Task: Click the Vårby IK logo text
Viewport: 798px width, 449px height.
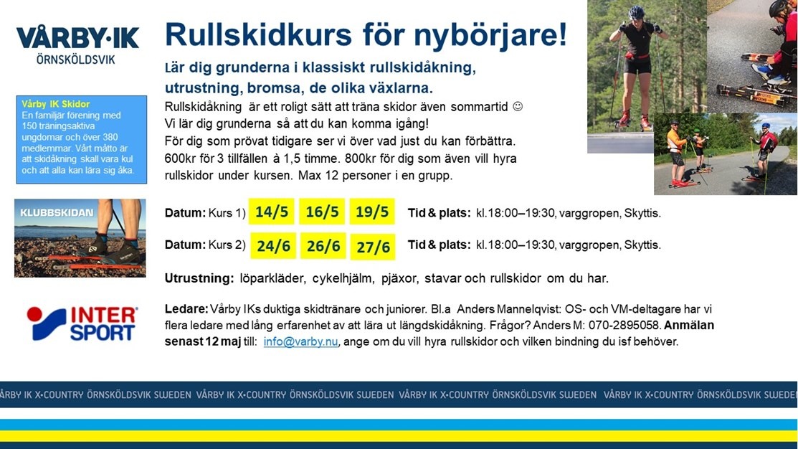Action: click(77, 44)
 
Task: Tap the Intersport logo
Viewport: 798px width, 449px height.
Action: click(82, 323)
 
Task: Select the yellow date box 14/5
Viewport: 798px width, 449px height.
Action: click(271, 212)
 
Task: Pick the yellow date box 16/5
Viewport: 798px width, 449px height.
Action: click(322, 212)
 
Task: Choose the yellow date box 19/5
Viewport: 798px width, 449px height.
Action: click(372, 212)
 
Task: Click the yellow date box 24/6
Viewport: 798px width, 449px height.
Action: click(273, 246)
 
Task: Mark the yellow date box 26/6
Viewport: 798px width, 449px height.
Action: click(323, 246)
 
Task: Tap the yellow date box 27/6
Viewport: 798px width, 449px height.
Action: click(373, 247)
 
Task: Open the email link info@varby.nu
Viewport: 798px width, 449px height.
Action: click(300, 341)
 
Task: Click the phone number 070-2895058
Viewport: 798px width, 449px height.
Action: click(624, 326)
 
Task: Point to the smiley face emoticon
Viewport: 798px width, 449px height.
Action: click(518, 107)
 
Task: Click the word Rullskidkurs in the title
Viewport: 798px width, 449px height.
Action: click(259, 34)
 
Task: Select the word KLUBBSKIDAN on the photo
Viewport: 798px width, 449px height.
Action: click(57, 212)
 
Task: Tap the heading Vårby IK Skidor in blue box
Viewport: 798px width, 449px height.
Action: click(55, 104)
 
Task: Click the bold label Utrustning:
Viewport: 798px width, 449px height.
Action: click(199, 278)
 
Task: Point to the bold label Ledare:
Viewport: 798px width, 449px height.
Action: click(186, 308)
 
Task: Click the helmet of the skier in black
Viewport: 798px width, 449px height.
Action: click(636, 12)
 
